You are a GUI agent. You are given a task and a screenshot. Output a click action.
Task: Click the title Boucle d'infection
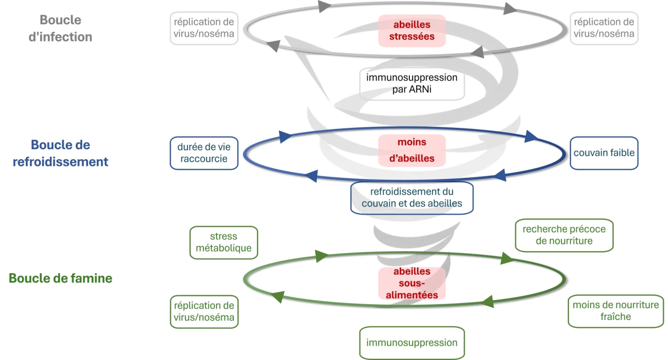pyautogui.click(x=60, y=29)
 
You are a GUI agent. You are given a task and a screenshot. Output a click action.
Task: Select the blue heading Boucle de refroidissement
pyautogui.click(x=60, y=153)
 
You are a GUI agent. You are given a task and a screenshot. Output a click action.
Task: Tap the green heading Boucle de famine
pyautogui.click(x=61, y=278)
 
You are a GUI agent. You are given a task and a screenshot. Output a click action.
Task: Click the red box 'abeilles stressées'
pyautogui.click(x=412, y=31)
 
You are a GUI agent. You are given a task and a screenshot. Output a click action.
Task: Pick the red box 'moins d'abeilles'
pyautogui.click(x=412, y=150)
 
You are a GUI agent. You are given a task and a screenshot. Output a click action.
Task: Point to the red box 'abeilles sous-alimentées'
pyautogui.click(x=412, y=283)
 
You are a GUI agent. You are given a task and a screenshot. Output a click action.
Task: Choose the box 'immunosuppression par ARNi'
pyautogui.click(x=412, y=83)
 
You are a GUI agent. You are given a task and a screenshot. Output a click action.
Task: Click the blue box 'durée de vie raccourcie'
pyautogui.click(x=204, y=153)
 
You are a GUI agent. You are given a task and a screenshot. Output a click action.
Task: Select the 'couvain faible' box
pyautogui.click(x=604, y=153)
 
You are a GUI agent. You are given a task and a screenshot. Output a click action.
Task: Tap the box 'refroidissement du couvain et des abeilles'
pyautogui.click(x=412, y=197)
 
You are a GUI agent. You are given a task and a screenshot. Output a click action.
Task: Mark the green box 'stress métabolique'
pyautogui.click(x=223, y=242)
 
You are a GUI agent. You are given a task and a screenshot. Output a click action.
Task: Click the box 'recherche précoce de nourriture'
pyautogui.click(x=564, y=235)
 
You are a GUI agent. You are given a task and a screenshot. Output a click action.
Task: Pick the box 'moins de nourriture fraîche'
pyautogui.click(x=616, y=311)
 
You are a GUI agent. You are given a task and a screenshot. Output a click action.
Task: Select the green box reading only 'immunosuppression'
pyautogui.click(x=412, y=343)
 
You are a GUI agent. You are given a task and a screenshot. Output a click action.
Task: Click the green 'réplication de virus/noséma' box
pyautogui.click(x=204, y=311)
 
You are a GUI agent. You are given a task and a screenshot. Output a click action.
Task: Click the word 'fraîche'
pyautogui.click(x=616, y=317)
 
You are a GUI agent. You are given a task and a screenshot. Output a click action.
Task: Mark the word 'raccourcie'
pyautogui.click(x=204, y=159)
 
